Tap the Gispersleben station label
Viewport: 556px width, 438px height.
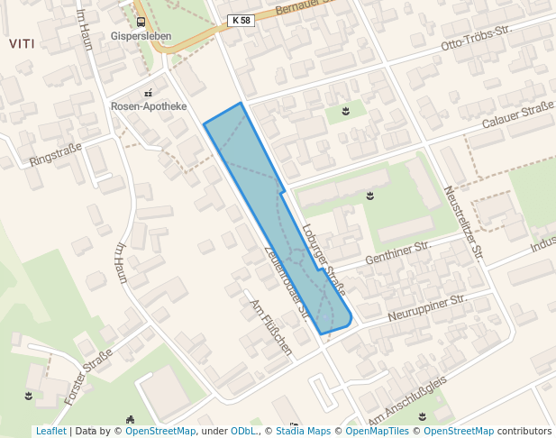[140, 37]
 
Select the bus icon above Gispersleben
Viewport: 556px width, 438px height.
[140, 22]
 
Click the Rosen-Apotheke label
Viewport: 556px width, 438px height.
[148, 106]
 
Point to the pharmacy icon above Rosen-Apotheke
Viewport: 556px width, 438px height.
[148, 92]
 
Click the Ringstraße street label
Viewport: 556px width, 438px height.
[55, 153]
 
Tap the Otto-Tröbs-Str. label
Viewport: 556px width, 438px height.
[477, 37]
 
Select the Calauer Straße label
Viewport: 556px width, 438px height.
[517, 116]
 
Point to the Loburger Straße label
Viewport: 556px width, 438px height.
[324, 260]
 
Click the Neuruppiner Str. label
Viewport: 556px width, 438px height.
[426, 307]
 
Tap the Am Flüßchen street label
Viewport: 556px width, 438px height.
[271, 326]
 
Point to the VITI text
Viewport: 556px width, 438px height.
[21, 43]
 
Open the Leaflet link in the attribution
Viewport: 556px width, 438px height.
[50, 431]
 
